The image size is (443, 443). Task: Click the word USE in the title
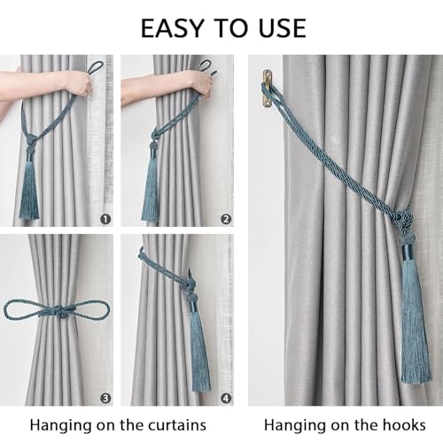pyautogui.click(x=276, y=27)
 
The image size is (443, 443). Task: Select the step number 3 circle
pyautogui.click(x=106, y=398)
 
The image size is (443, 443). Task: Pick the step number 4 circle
pyautogui.click(x=225, y=398)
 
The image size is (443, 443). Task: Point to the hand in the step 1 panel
pyautogui.click(x=78, y=82)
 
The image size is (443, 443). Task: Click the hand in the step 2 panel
pyautogui.click(x=200, y=82)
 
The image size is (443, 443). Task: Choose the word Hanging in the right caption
pyautogui.click(x=294, y=424)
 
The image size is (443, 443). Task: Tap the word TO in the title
pyautogui.click(x=228, y=27)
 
